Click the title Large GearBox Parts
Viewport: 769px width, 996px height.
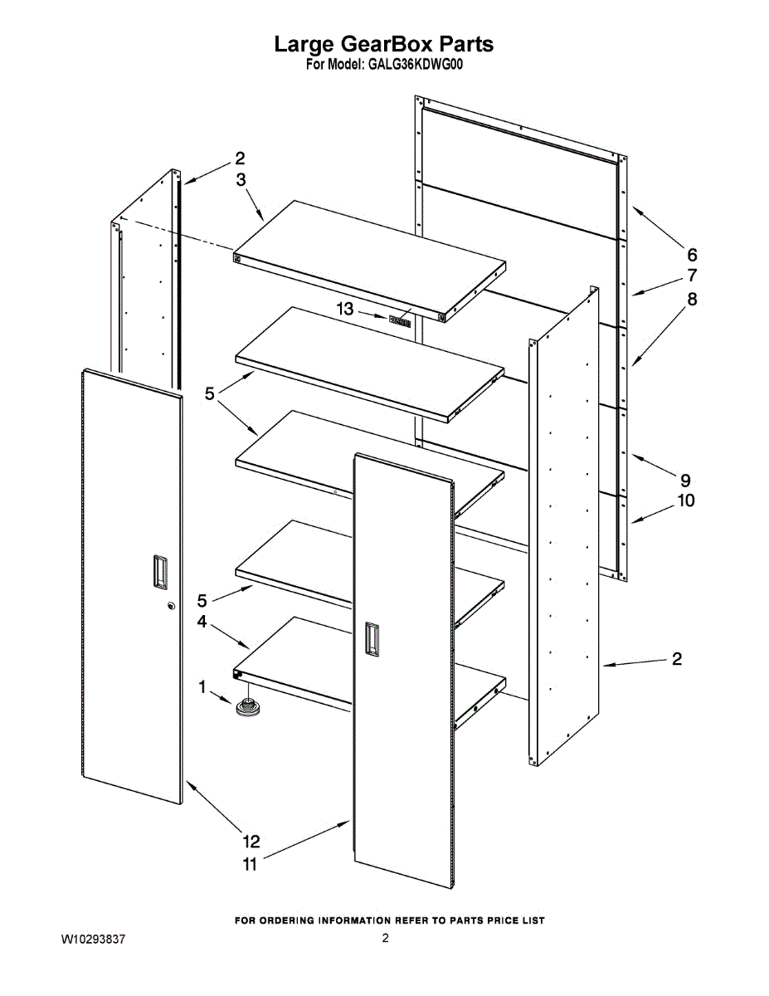click(384, 43)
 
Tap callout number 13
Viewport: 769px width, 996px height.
click(345, 309)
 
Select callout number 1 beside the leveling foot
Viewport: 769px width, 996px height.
click(202, 687)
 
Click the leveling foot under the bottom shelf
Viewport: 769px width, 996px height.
click(247, 707)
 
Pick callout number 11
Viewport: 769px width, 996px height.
click(250, 864)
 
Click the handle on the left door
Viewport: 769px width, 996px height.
click(157, 572)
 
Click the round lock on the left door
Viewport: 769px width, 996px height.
click(172, 606)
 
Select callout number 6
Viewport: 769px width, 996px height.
click(691, 254)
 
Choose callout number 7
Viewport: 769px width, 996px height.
click(691, 276)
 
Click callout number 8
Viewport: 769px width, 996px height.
click(691, 299)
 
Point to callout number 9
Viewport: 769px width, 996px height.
click(685, 480)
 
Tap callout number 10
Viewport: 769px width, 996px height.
click(686, 500)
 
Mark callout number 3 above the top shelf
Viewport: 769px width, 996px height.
click(240, 178)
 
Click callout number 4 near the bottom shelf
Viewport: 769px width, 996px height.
click(202, 621)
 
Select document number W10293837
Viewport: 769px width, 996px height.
click(93, 939)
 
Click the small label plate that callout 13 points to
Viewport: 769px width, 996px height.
click(401, 320)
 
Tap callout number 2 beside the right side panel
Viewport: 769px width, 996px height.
click(677, 659)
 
